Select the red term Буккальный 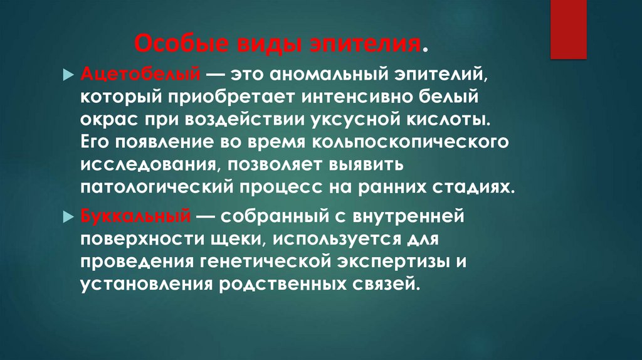tap(135, 216)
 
